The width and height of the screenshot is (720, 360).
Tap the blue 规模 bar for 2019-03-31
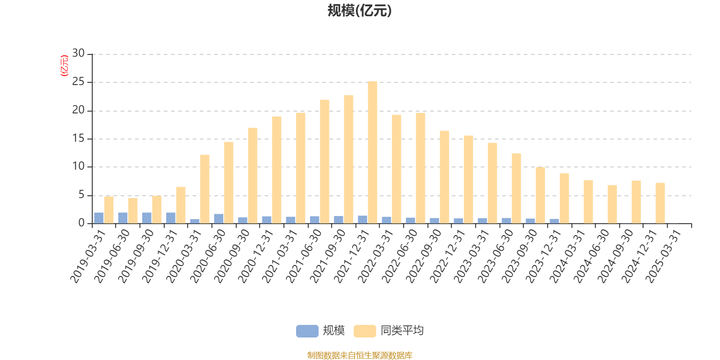pyautogui.click(x=99, y=218)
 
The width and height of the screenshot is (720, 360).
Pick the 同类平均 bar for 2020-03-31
pyautogui.click(x=205, y=189)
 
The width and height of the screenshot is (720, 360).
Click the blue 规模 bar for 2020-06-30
pyautogui.click(x=219, y=219)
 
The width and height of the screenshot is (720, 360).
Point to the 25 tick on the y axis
pyautogui.click(x=78, y=82)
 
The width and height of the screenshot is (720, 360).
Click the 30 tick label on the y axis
pyautogui.click(x=78, y=54)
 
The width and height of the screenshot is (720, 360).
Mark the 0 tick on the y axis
pyautogui.click(x=81, y=223)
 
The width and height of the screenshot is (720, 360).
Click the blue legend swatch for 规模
pyautogui.click(x=307, y=331)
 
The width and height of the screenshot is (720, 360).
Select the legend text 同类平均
pyautogui.click(x=402, y=331)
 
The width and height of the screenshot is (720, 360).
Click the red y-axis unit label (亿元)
pyautogui.click(x=64, y=66)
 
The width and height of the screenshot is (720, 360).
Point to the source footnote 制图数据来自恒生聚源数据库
pyautogui.click(x=360, y=355)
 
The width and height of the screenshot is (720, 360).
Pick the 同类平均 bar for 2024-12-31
pyautogui.click(x=660, y=203)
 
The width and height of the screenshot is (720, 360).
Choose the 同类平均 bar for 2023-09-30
pyautogui.click(x=540, y=195)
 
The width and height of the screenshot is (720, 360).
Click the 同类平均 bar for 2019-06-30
pyautogui.click(x=133, y=211)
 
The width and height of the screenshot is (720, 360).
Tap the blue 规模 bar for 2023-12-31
pyautogui.click(x=554, y=221)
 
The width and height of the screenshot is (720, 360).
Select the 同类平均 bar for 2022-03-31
pyautogui.click(x=396, y=169)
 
